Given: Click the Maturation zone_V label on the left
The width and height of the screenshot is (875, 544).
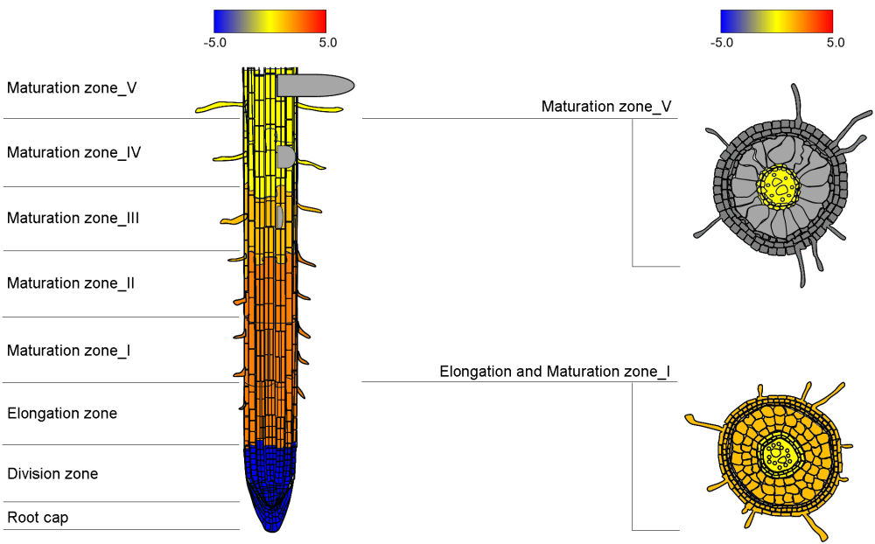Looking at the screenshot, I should (72, 88).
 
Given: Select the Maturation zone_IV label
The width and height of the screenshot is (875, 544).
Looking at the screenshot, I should (74, 153).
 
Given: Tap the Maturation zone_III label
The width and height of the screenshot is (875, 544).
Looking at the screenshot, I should (73, 218).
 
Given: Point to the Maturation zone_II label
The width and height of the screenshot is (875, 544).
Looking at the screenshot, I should (71, 283).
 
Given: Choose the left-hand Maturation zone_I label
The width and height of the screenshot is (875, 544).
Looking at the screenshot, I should (69, 351).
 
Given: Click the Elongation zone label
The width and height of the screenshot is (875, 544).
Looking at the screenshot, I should (62, 414).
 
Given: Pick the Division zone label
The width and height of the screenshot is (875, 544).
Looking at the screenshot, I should (52, 474).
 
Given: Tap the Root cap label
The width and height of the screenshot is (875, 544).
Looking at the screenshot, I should (38, 518).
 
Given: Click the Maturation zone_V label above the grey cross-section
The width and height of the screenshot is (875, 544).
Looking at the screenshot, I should (606, 107).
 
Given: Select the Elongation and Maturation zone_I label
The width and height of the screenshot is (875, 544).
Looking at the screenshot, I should (555, 372).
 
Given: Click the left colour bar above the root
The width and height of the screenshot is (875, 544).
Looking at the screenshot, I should (269, 21).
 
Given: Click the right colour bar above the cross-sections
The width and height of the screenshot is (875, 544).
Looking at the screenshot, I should (776, 21).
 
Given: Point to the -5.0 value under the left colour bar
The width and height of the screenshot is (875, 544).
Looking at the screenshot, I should (215, 42).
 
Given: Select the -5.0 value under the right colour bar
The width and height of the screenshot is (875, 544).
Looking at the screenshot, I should (722, 42).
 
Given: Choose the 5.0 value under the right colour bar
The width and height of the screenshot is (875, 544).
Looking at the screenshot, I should (835, 42).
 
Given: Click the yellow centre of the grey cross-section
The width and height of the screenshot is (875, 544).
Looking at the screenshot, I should (779, 186).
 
